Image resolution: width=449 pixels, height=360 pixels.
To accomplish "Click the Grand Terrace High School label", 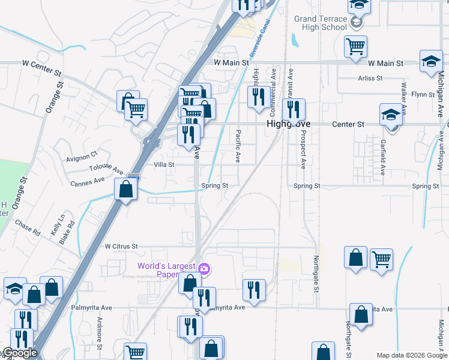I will tap(321, 23).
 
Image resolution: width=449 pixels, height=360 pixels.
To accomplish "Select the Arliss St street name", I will tap(370, 79).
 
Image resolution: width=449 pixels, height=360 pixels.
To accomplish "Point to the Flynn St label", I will tap(423, 94).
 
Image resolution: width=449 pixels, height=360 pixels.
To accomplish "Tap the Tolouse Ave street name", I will tap(106, 170).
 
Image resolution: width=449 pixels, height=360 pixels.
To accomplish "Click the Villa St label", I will tap(164, 164).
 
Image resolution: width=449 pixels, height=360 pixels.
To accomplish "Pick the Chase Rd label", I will tap(27, 228).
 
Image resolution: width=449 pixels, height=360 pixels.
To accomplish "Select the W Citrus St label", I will tap(121, 247).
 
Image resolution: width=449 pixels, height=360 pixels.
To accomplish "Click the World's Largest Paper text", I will tap(167, 271).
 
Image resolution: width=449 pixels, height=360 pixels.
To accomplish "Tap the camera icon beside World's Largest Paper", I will tap(204, 269).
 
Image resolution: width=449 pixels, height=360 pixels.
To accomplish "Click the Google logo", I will tap(19, 353).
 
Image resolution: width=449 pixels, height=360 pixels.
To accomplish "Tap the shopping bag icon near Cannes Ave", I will tap(125, 190).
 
